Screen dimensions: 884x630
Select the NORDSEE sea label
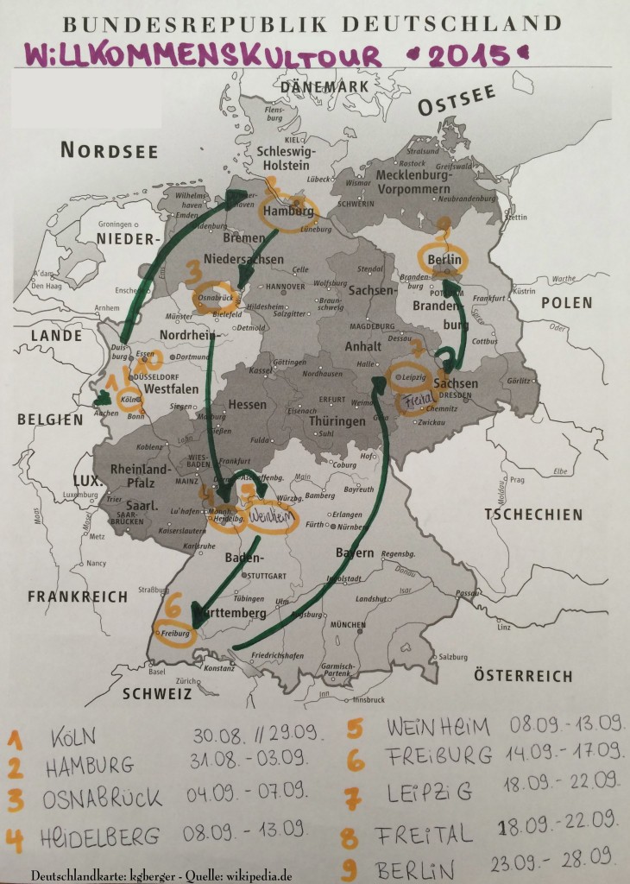point(109,151)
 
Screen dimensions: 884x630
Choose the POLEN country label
point(566,303)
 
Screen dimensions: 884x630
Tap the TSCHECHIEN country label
point(532,515)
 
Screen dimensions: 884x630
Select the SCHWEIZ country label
point(156,692)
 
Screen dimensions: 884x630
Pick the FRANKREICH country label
point(78,597)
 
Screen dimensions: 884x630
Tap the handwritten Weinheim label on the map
point(272,517)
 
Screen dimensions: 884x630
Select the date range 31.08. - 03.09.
point(247,758)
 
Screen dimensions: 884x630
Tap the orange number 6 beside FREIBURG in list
point(356,760)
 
